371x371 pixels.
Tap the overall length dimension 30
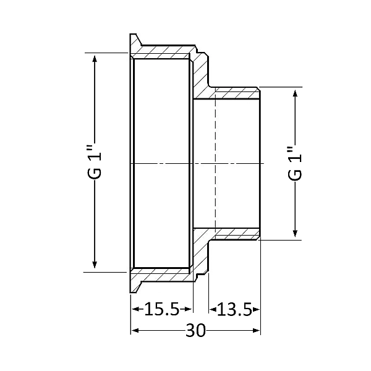tap(195, 331)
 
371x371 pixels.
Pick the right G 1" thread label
tap(295, 163)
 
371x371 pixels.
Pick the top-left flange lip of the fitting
tap(135, 43)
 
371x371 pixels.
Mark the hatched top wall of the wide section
tap(164, 50)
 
